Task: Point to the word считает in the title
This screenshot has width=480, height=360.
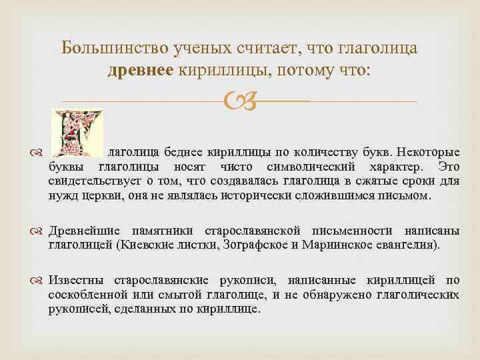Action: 266,49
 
